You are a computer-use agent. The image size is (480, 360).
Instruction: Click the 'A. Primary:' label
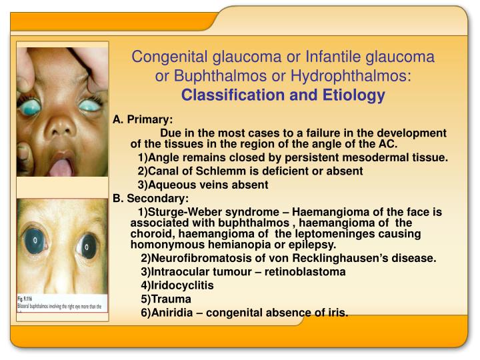point(143,120)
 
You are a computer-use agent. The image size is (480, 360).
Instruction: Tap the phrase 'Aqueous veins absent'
point(203,184)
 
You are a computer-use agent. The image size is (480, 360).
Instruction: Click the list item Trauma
point(166,299)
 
